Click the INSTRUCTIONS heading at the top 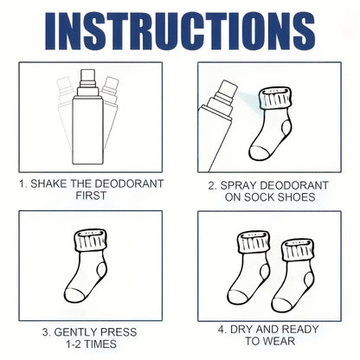click(x=179, y=31)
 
